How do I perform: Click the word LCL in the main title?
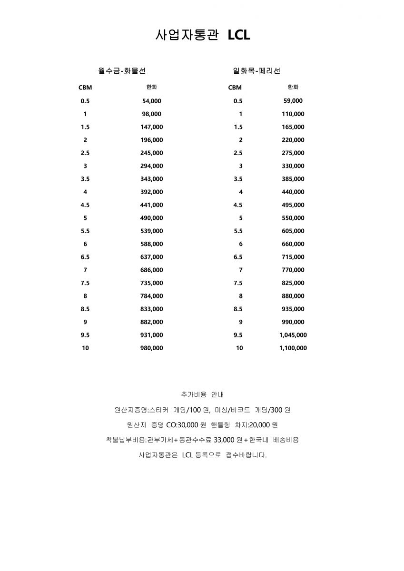238,35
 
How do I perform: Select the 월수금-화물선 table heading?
122,71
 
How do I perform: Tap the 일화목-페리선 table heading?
256,71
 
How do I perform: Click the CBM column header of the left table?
85,88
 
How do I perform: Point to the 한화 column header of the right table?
293,87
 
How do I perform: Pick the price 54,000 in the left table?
152,101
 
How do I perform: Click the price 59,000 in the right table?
293,101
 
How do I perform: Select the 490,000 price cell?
152,218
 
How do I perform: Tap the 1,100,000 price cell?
293,348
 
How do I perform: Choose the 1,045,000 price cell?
293,335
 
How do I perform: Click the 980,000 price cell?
152,348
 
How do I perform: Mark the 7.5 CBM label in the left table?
85,283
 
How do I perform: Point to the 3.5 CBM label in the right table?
238,179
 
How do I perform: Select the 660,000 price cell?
293,244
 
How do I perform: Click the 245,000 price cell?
152,153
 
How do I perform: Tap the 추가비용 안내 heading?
202,394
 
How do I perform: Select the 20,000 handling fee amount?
258,424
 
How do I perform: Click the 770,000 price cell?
293,270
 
